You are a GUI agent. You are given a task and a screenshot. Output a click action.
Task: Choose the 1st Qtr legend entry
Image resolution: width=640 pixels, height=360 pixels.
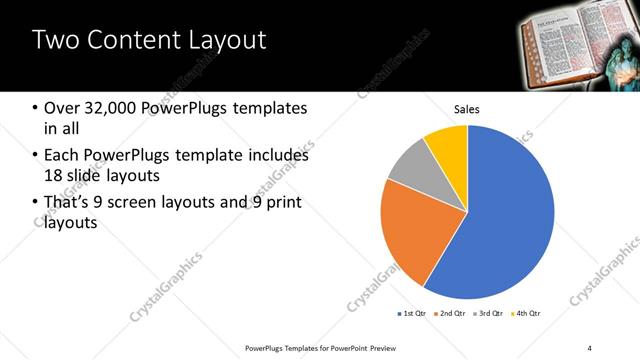point(412,314)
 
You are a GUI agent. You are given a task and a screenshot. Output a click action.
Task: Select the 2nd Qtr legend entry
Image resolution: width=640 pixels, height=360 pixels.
point(451,314)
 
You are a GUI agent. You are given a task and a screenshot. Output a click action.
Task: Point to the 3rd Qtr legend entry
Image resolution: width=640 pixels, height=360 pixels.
point(490,314)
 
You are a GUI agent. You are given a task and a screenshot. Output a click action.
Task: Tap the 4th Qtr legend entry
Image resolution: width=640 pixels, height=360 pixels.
point(528,314)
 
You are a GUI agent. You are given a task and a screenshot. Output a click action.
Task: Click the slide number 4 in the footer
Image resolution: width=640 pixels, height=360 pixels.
point(589,347)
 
